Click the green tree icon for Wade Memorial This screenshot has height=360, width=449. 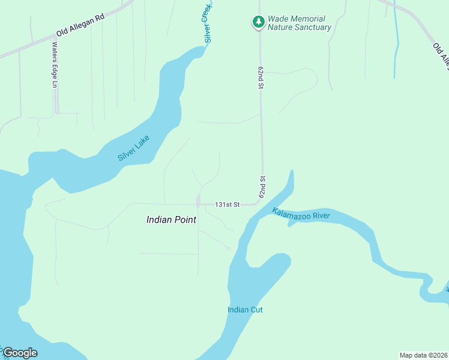coord(258,22)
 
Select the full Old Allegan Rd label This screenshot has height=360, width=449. coord(80,26)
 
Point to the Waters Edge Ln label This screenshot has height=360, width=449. coord(54,64)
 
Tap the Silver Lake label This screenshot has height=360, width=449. coord(133,148)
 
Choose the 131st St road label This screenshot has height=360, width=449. coord(228,205)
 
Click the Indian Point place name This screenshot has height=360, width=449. coord(171,220)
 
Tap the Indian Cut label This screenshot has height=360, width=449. coord(245,310)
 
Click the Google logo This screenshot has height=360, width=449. coord(20,352)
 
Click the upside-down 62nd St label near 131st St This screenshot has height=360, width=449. coord(262,187)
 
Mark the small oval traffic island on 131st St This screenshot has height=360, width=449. coord(197,201)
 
